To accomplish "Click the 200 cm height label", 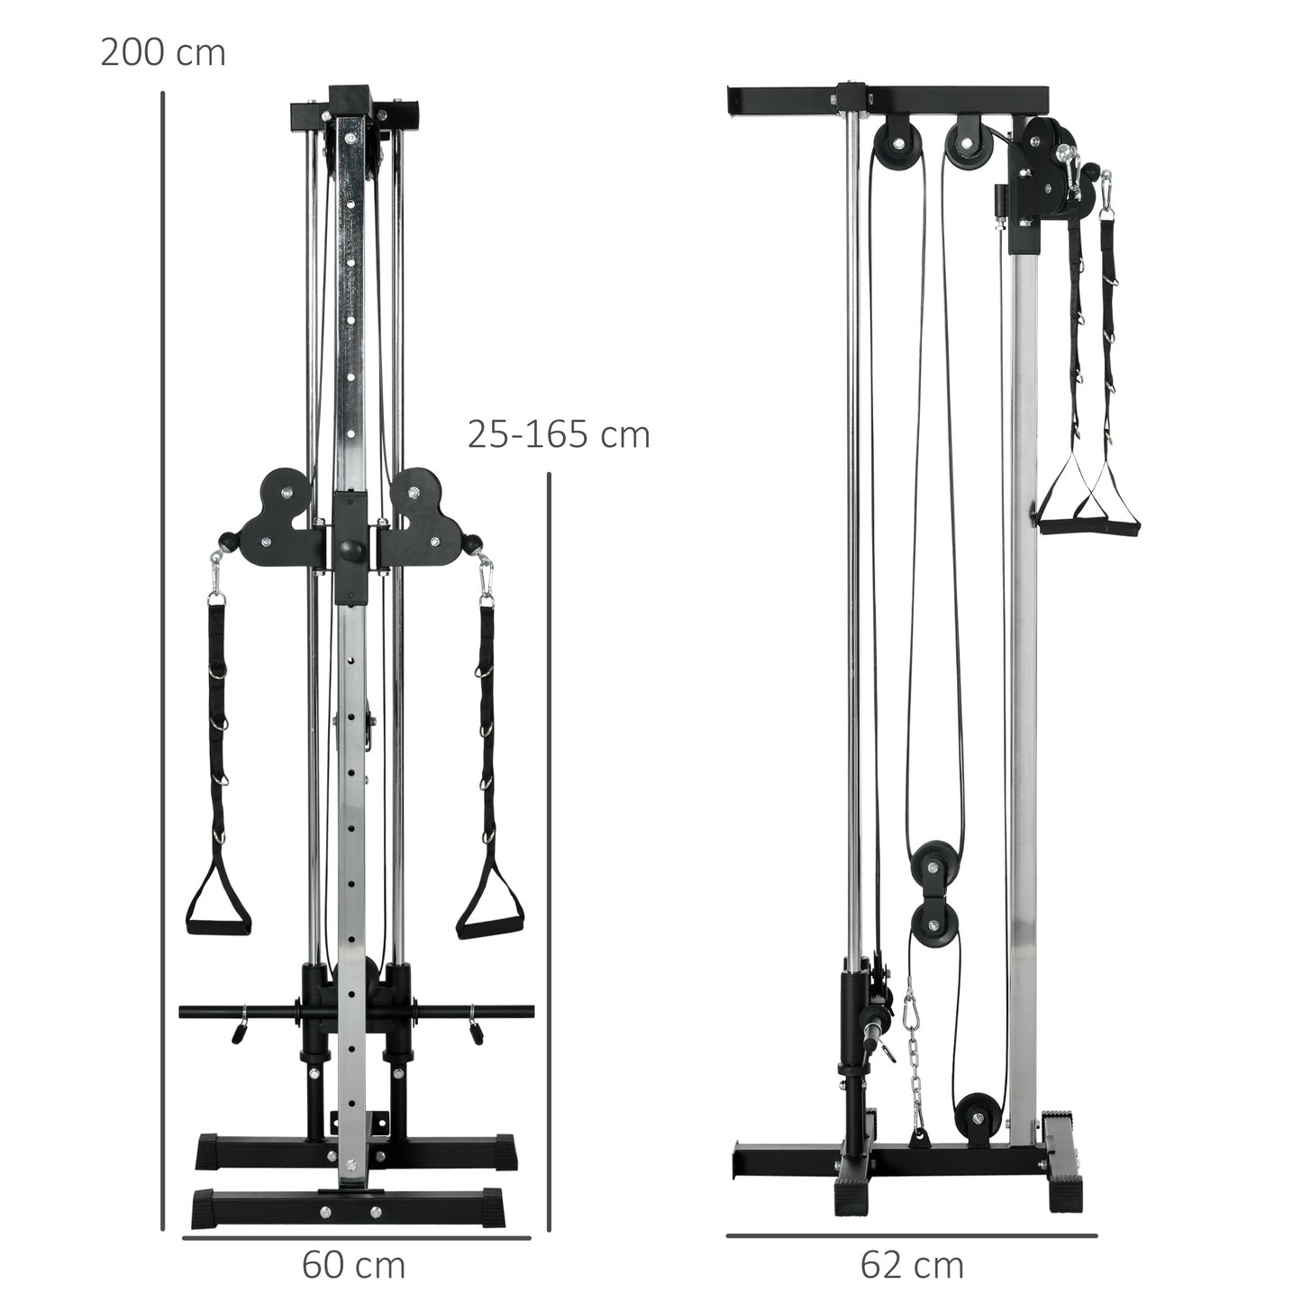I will click(x=162, y=53).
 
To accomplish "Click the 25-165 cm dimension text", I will click(x=558, y=434).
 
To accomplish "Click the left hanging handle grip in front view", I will click(x=217, y=926).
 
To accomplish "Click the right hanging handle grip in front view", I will click(x=487, y=926).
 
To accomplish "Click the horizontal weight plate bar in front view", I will click(x=357, y=1013).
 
